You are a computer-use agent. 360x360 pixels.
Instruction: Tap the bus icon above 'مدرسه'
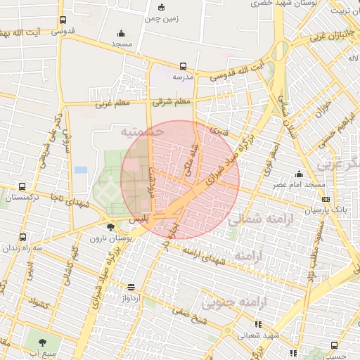pyautogui.click(x=184, y=65)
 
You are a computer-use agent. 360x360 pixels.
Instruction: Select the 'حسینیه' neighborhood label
pyautogui.click(x=143, y=131)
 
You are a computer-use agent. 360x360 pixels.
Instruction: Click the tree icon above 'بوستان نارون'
pyautogui.click(x=110, y=226)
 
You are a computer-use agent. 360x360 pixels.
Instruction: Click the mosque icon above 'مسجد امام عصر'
pyautogui.click(x=300, y=174)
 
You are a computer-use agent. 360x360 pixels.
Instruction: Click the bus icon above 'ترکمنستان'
pyautogui.click(x=23, y=187)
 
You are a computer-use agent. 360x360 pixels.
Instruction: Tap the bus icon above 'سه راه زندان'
pyautogui.click(x=23, y=237)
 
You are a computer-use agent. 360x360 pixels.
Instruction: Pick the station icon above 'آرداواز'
pyautogui.click(x=131, y=286)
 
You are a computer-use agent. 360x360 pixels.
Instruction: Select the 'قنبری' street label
pyautogui.click(x=221, y=131)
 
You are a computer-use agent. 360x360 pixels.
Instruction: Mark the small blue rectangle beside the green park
pyautogui.click(x=81, y=170)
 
